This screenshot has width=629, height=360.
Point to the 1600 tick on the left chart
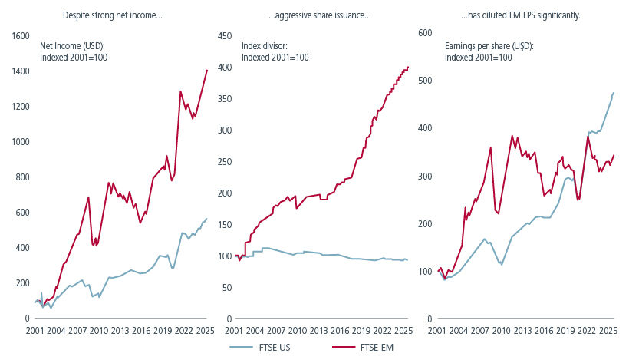point(20,36)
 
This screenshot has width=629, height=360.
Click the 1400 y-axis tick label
point(20,71)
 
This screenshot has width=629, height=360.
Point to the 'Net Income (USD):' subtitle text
point(72,46)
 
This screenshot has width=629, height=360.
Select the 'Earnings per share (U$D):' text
point(489,46)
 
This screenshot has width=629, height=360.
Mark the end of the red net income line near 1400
point(207,70)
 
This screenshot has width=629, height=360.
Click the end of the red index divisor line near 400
point(408,67)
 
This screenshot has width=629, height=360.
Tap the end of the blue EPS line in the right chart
point(614,93)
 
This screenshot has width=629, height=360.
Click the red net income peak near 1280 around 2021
point(180,91)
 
